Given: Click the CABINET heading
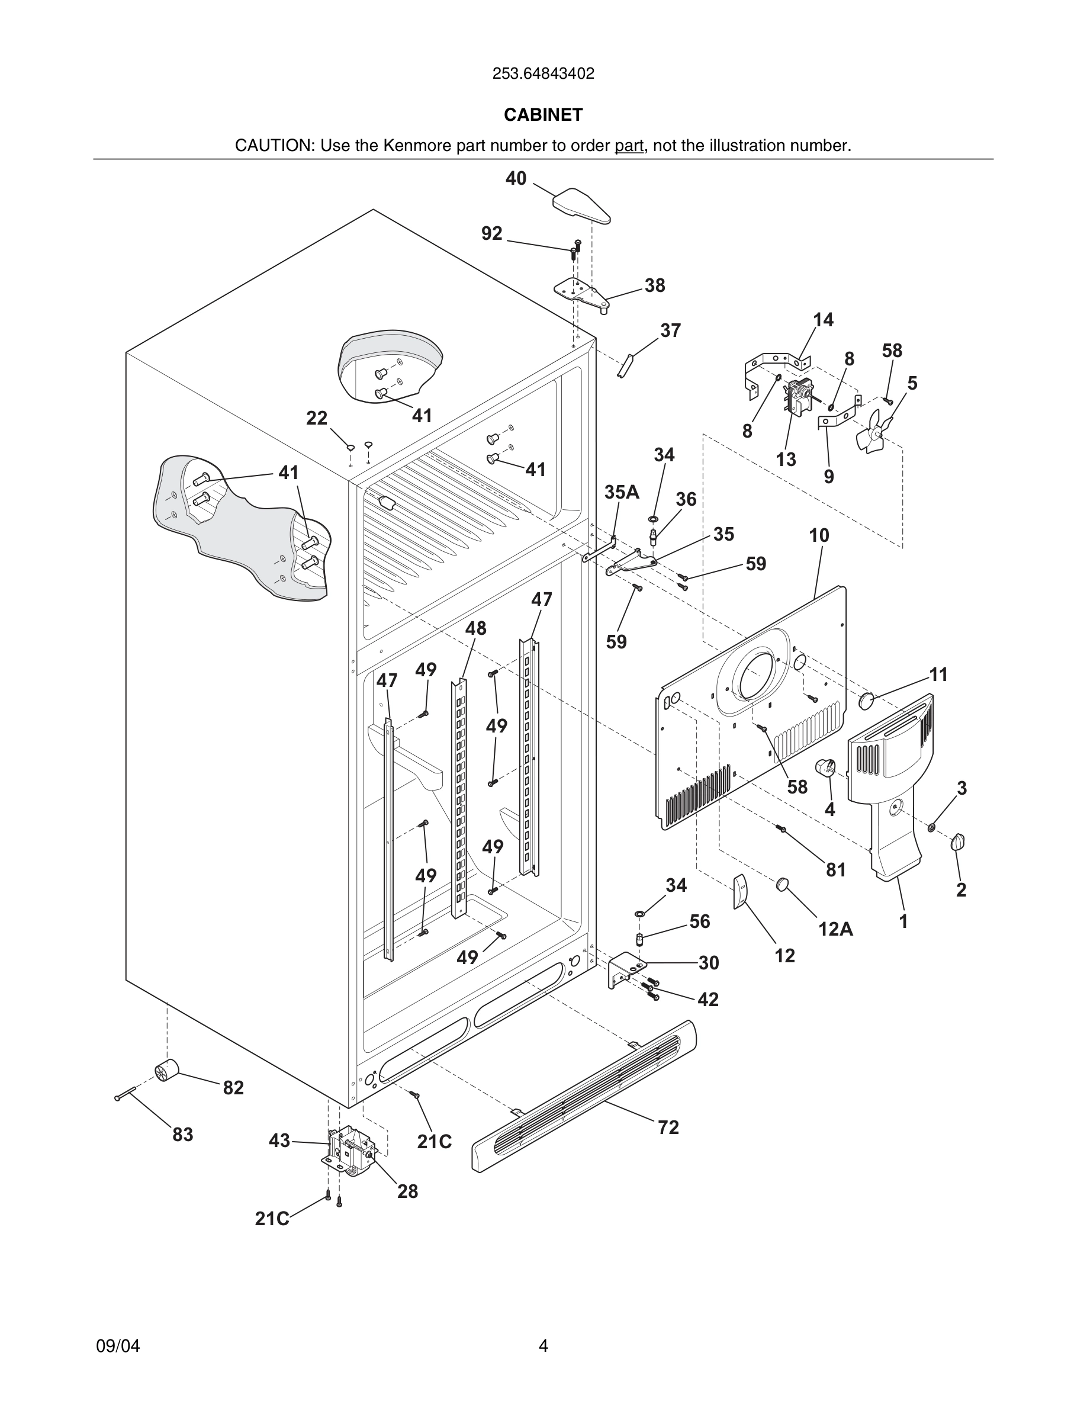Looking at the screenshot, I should click(543, 115).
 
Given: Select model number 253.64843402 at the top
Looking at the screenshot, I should click(543, 74).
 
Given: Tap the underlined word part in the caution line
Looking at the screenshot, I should click(629, 146).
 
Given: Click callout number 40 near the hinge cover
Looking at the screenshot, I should click(516, 178).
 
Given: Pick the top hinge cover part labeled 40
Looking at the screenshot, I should click(581, 205).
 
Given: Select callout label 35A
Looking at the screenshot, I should click(622, 492).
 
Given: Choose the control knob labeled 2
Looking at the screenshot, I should click(958, 841).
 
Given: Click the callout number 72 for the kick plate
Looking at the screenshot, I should click(668, 1127).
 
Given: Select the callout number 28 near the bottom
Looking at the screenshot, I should click(407, 1191).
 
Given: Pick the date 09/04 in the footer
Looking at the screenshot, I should click(118, 1346).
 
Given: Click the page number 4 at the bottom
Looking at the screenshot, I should click(543, 1346).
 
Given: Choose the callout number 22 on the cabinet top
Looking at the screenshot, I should click(316, 419).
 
